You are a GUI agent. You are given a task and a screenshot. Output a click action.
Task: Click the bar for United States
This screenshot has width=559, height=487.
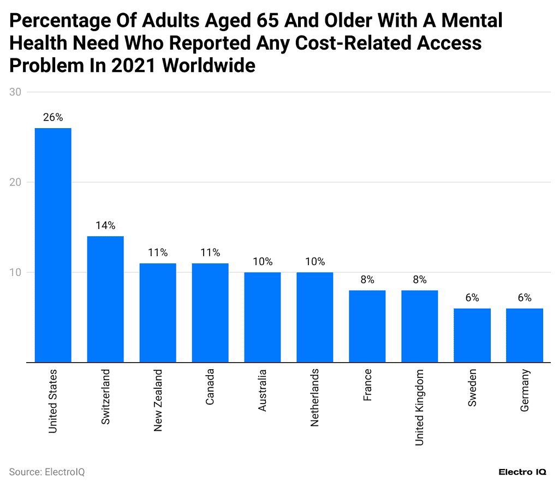click(53, 245)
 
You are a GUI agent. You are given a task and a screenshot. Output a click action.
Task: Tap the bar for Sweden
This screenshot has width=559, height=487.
click(472, 335)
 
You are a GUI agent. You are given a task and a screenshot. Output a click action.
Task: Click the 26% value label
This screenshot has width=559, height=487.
click(53, 117)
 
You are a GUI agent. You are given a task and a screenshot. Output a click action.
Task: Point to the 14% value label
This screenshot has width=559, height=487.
click(105, 225)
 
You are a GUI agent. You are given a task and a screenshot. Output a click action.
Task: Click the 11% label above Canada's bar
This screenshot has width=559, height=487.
click(210, 252)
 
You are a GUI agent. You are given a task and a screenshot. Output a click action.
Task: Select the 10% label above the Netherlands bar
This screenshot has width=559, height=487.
click(315, 261)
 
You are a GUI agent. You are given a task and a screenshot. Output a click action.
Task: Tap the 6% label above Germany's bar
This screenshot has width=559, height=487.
click(524, 298)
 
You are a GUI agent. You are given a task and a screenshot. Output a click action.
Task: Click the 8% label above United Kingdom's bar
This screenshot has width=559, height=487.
click(419, 280)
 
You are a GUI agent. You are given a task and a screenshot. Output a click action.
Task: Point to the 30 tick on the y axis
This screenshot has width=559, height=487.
click(15, 92)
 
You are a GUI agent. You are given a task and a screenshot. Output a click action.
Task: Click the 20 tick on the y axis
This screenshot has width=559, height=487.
click(15, 182)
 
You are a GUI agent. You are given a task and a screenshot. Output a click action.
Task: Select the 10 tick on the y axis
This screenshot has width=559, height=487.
click(15, 272)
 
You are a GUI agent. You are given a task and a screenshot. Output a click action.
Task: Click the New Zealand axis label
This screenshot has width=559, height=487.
click(158, 400)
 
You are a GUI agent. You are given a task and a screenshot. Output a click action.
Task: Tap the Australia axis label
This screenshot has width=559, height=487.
click(263, 390)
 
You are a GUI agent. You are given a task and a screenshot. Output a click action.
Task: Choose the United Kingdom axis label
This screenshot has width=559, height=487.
click(419, 407)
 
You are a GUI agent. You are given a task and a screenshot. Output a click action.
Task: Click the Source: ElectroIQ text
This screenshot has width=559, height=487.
click(47, 472)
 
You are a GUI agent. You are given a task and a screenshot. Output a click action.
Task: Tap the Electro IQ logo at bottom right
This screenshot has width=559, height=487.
click(523, 472)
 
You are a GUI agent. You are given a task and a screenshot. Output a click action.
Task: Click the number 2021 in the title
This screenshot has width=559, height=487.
click(134, 66)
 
